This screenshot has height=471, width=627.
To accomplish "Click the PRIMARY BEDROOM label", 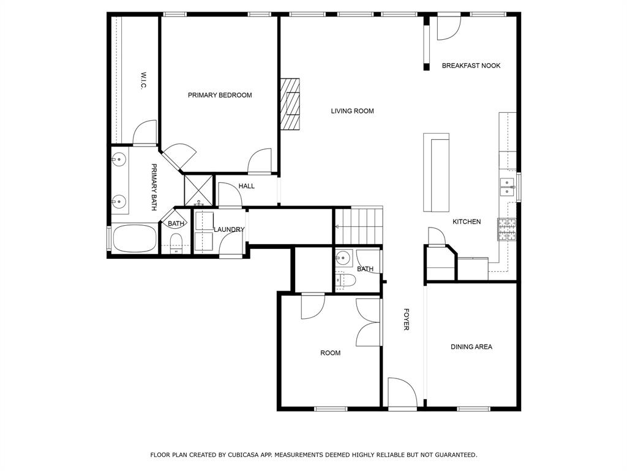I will click(219, 95).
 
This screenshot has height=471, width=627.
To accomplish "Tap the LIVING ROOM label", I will click(352, 111).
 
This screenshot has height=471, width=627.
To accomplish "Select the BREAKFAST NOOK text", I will click(471, 66).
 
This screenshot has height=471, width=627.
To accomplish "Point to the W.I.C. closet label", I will click(143, 80).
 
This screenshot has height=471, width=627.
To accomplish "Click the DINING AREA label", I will click(471, 347).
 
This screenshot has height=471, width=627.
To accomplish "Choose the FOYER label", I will click(405, 320).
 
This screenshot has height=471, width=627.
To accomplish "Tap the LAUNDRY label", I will click(229, 230).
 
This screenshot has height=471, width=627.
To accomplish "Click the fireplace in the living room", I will click(291, 104).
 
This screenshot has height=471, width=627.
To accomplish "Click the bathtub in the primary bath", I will click(133, 238).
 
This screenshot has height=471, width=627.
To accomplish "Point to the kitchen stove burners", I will click(508, 229).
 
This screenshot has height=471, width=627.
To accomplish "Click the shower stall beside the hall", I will click(199, 190).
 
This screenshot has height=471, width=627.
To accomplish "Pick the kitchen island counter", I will click(436, 172).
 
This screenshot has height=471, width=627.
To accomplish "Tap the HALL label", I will click(247, 186).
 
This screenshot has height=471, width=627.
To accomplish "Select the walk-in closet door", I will click(145, 132).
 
